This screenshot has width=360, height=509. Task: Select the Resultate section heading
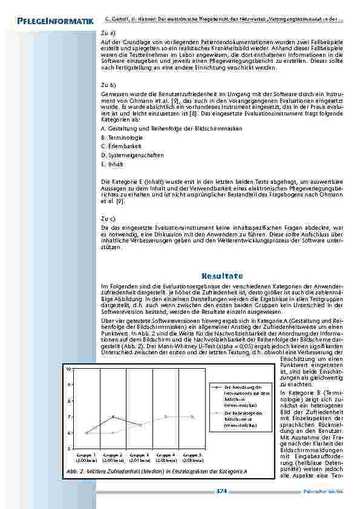[222, 276]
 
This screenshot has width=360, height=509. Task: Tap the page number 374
[221, 491]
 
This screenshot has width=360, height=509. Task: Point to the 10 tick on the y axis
[70, 368]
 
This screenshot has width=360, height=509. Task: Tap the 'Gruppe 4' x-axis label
[166, 454]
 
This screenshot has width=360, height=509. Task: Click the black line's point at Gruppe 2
[113, 417]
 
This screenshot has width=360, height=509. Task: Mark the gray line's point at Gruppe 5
[192, 417]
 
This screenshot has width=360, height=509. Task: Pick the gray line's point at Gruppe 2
[113, 433]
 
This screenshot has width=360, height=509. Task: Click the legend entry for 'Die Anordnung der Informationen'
[241, 394]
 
